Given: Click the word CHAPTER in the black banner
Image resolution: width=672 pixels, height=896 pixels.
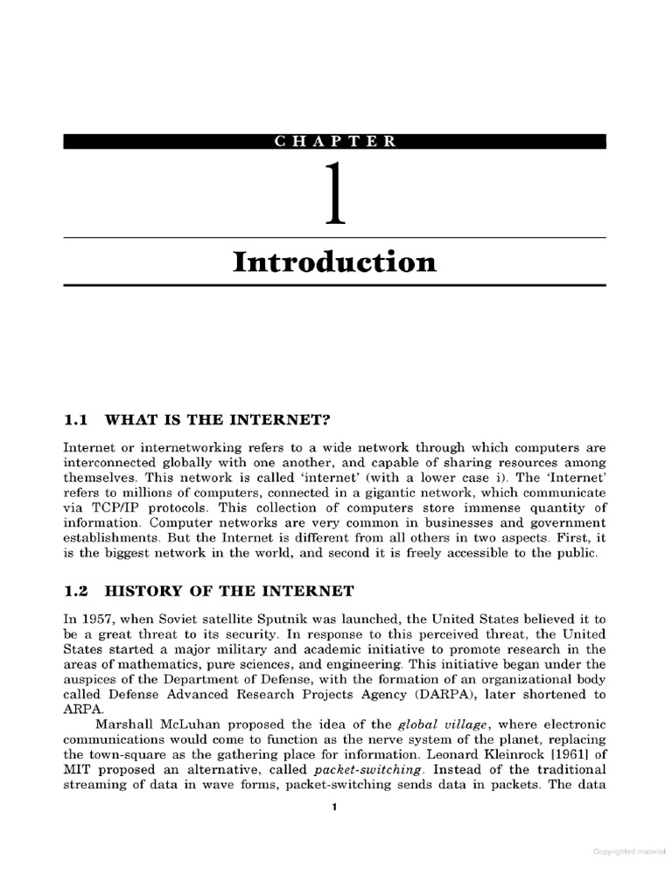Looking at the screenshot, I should point(335,142).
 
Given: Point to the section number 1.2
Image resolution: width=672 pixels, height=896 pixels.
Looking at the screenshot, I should point(76,592).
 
